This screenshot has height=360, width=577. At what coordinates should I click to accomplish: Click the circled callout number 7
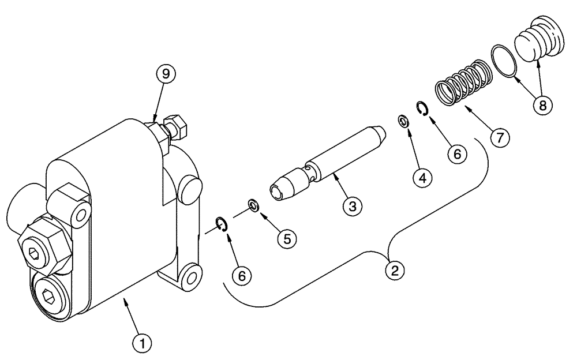[499, 137]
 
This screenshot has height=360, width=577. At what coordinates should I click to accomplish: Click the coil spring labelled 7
[463, 85]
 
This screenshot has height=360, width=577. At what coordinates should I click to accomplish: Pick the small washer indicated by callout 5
[253, 204]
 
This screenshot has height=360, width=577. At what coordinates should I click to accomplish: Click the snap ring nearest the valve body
[222, 224]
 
